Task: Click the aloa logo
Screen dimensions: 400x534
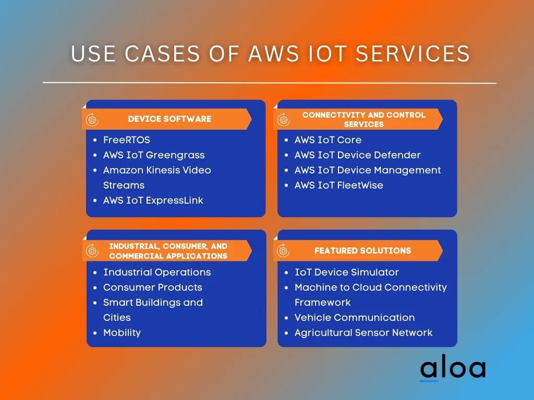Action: tap(453, 368)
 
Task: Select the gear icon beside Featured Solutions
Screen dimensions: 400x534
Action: tap(283, 251)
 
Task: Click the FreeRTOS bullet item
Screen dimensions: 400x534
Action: tap(127, 140)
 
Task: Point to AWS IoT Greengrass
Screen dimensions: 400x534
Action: tap(154, 155)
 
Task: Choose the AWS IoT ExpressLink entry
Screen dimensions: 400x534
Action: tap(153, 201)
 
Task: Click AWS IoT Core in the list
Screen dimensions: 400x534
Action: tap(328, 140)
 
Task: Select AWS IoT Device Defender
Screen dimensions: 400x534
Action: tap(358, 155)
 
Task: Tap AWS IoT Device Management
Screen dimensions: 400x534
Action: tap(368, 170)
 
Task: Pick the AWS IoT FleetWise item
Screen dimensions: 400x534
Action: tap(339, 185)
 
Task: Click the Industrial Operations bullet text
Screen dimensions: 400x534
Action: tap(157, 272)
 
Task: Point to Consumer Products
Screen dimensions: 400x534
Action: tap(153, 287)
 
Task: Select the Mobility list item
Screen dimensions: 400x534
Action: tap(122, 333)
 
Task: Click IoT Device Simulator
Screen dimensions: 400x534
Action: tap(347, 272)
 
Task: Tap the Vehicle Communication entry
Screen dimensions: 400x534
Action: tap(355, 318)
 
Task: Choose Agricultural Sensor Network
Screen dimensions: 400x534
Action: tap(363, 333)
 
